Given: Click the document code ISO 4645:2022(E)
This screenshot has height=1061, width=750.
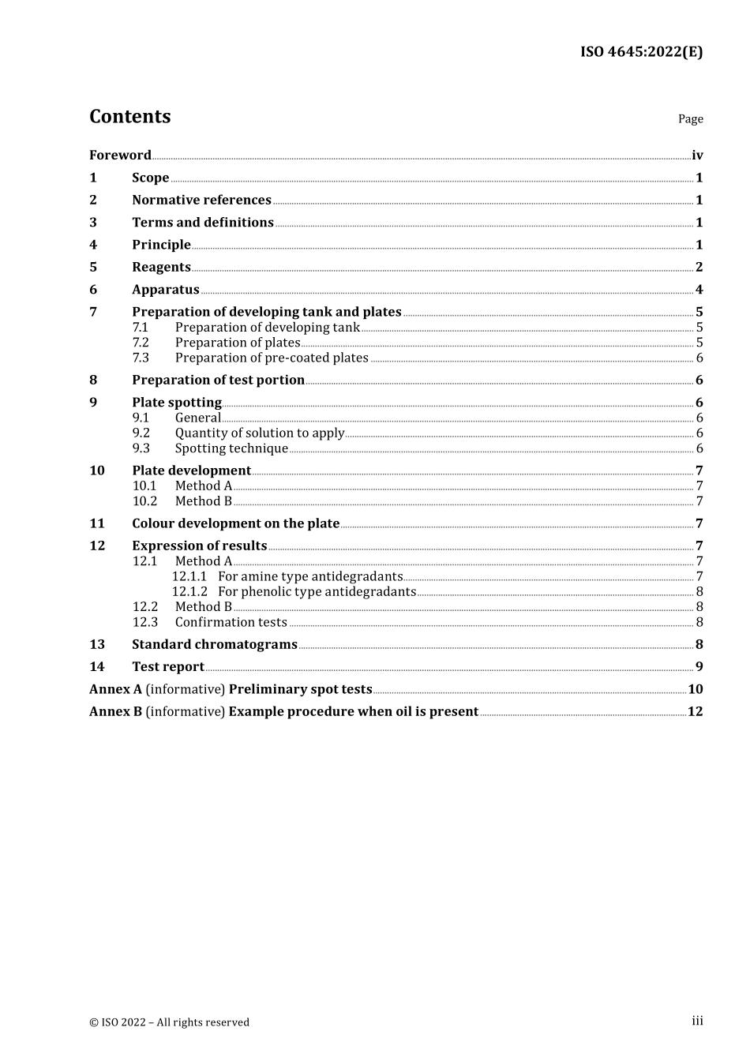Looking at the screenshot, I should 641,52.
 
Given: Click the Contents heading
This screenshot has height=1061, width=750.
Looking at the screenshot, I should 129,116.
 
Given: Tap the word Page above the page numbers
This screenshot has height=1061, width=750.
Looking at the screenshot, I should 690,119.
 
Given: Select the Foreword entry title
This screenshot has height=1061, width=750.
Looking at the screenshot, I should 120,155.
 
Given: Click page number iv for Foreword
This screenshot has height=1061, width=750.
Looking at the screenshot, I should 697,155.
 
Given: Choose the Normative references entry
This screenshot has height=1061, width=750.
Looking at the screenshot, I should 201,200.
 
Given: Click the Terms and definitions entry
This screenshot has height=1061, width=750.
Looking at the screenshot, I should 202,222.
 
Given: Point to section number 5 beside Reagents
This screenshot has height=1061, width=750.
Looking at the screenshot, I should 93,267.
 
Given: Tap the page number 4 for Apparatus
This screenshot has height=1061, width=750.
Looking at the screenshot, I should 699,289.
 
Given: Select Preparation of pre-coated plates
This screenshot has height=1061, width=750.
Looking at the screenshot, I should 272,358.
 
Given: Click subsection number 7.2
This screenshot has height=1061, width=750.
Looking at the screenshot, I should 141,343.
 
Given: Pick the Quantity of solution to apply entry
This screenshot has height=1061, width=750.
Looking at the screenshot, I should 260,433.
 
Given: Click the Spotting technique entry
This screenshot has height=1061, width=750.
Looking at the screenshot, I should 231,448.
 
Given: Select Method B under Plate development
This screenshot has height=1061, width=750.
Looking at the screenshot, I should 204,501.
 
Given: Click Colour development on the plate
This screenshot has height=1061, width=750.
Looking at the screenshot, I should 235,523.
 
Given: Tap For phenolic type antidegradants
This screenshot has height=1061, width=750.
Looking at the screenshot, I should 317,591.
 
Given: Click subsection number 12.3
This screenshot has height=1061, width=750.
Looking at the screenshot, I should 144,622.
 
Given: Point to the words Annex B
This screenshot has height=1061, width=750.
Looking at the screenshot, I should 115,711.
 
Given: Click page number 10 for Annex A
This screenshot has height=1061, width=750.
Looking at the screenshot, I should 695,689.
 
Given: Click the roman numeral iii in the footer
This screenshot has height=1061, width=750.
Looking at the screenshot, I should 697,1021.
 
